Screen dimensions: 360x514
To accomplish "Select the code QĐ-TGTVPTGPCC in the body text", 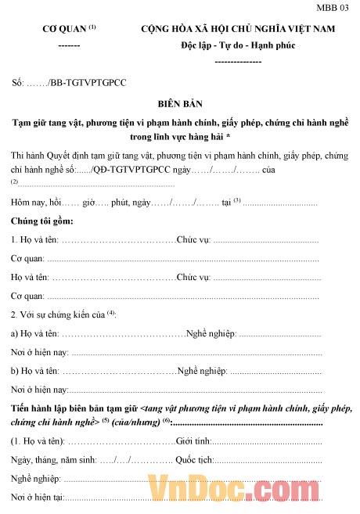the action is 125,170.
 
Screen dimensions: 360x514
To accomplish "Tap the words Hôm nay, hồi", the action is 36,203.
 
